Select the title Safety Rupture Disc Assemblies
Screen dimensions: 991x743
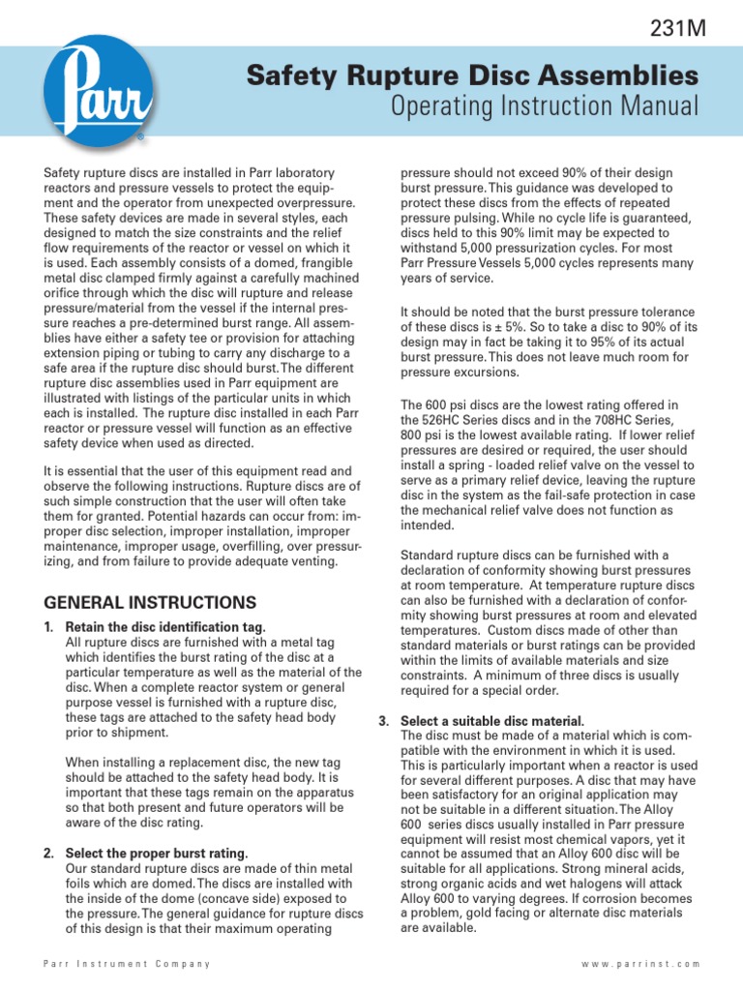[472, 75]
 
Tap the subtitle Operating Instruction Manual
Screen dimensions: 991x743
[544, 105]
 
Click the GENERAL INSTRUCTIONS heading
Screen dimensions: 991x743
[150, 602]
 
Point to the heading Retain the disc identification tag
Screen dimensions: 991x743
[165, 628]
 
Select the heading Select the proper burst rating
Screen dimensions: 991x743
[157, 853]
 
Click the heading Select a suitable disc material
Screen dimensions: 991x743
[491, 722]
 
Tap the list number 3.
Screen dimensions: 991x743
[383, 722]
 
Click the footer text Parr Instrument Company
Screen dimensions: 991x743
[128, 964]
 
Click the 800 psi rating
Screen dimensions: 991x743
[422, 435]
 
